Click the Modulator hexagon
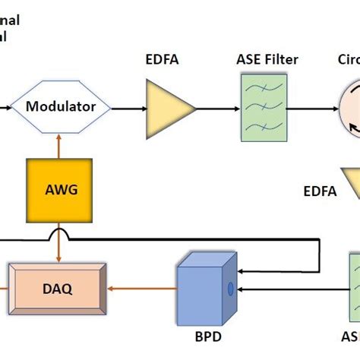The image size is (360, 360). pyautogui.click(x=61, y=107)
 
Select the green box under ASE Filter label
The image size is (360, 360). pyautogui.click(x=262, y=107)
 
